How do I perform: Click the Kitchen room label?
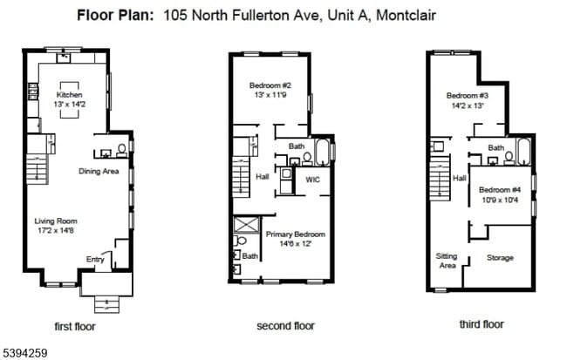point(69,95)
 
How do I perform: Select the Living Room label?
point(56,221)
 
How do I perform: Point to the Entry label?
point(95,258)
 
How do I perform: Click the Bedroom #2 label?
point(271,85)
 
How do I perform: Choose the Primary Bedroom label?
point(296,234)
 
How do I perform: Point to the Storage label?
point(500,258)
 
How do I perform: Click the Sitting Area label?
point(447,260)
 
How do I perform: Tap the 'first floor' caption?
point(74,327)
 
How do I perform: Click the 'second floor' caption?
point(284,326)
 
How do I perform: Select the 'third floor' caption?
point(482,324)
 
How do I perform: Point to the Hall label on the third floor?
point(460,179)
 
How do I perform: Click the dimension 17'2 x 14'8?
point(56,231)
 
